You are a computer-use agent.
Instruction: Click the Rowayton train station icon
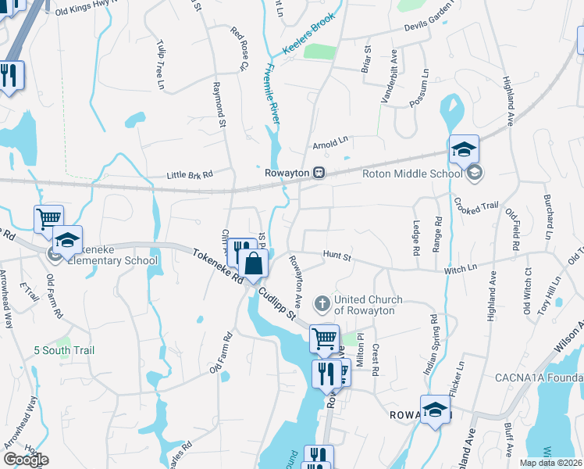click(x=319, y=173)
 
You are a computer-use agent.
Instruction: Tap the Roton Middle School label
click(x=412, y=174)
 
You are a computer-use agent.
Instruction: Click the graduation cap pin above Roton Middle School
click(x=464, y=149)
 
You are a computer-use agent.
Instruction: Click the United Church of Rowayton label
click(x=368, y=305)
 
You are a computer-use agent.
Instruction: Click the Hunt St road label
click(x=337, y=256)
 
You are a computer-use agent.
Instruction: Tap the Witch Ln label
click(x=461, y=268)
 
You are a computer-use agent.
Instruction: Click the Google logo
click(x=26, y=460)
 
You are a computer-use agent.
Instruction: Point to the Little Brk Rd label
click(x=190, y=176)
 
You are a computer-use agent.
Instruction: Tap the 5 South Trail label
click(x=66, y=350)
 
